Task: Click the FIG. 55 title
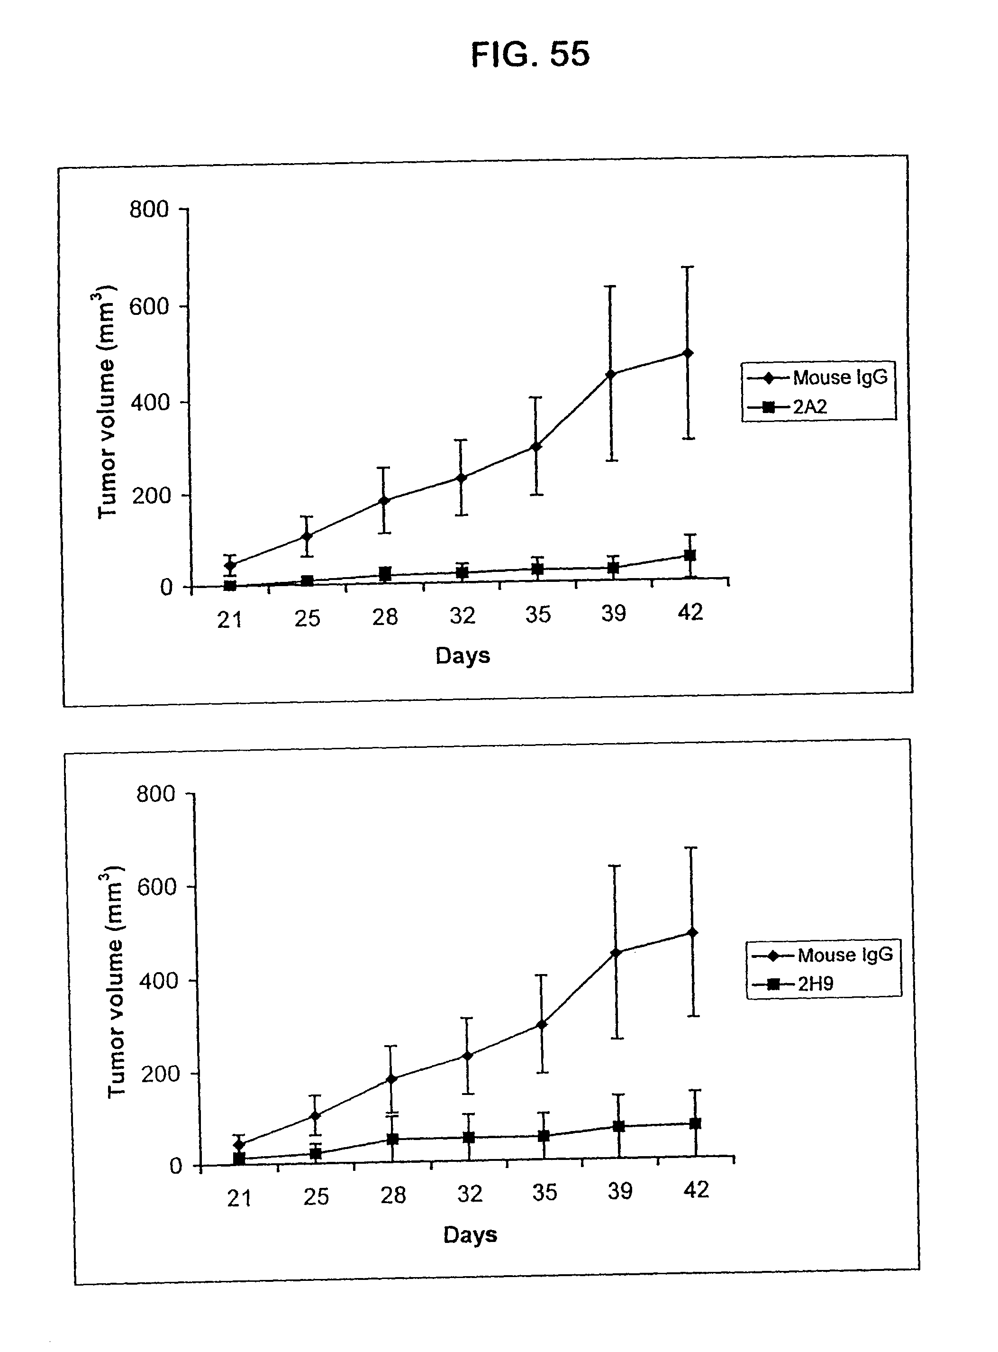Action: click(x=530, y=55)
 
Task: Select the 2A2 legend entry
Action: click(x=809, y=407)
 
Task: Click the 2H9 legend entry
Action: click(x=815, y=984)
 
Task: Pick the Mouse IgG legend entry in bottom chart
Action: click(x=844, y=955)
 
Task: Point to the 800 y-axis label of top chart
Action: click(x=149, y=210)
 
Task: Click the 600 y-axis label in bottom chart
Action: click(x=156, y=887)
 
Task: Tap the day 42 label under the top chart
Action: click(x=690, y=612)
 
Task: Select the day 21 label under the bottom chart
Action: click(x=239, y=1198)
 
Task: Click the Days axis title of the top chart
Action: click(x=463, y=656)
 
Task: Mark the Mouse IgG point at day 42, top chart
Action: click(x=688, y=353)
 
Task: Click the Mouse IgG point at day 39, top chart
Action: click(x=611, y=374)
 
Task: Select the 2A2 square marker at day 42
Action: click(x=690, y=555)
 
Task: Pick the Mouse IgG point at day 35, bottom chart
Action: click(x=542, y=1024)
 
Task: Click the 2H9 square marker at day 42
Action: click(x=695, y=1123)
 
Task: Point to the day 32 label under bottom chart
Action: click(x=470, y=1194)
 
